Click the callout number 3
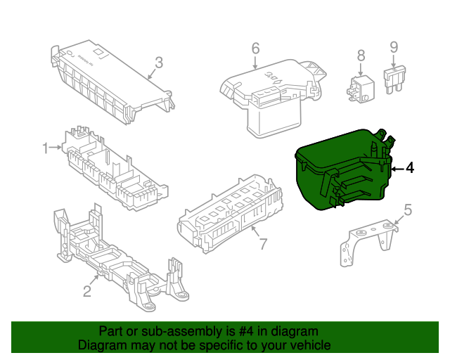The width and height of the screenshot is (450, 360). pyautogui.click(x=159, y=63)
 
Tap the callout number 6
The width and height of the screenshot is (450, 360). pyautogui.click(x=255, y=49)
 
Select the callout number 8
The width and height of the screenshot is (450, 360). pyautogui.click(x=361, y=56)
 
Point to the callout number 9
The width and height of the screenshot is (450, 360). pyautogui.click(x=394, y=47)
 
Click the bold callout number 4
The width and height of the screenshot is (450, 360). pyautogui.click(x=410, y=168)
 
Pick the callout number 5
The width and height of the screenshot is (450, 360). pyautogui.click(x=408, y=210)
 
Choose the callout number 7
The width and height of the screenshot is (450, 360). pyautogui.click(x=263, y=244)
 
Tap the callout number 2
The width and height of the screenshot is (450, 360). pyautogui.click(x=87, y=291)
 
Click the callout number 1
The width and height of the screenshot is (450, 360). pyautogui.click(x=45, y=148)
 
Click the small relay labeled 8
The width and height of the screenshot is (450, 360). pyautogui.click(x=361, y=89)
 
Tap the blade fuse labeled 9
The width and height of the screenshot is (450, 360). pyautogui.click(x=394, y=79)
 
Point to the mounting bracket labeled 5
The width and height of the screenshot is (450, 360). pyautogui.click(x=369, y=241)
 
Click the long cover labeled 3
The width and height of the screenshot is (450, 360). pyautogui.click(x=112, y=82)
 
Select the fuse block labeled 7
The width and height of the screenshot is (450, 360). pyautogui.click(x=230, y=214)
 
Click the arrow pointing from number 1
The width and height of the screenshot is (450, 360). pyautogui.click(x=55, y=147)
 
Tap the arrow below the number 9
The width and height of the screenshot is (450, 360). pyautogui.click(x=394, y=61)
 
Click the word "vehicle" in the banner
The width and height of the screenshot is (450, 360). pyautogui.click(x=310, y=345)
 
